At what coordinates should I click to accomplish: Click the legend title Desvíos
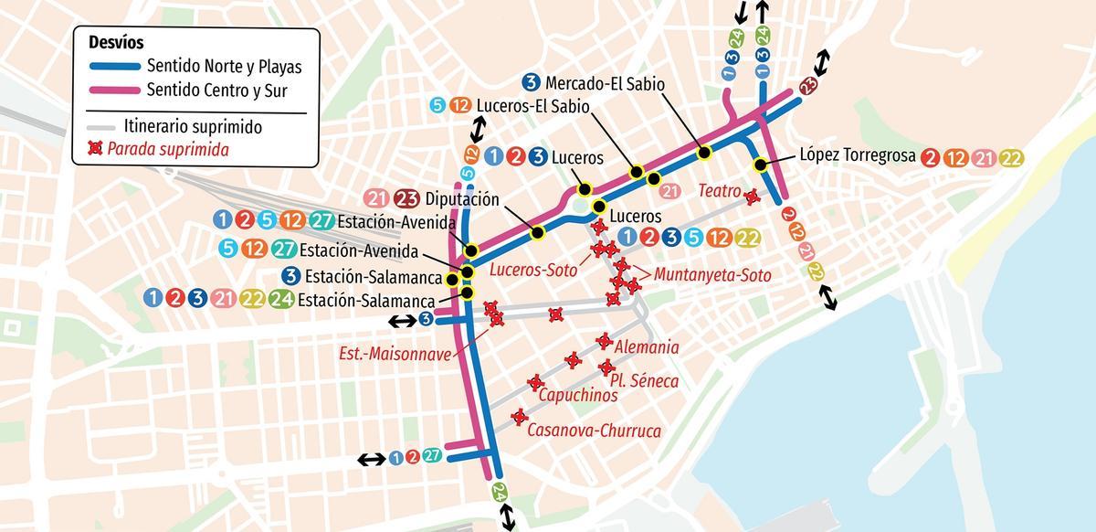pos(116,43)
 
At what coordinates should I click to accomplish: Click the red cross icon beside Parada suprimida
pos(95,148)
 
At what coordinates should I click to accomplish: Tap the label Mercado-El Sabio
pos(606,82)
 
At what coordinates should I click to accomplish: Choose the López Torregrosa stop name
pos(858,156)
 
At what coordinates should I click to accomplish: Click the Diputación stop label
pos(463,198)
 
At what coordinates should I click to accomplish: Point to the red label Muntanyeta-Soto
pos(713,274)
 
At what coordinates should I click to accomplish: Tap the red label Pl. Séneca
pos(648,380)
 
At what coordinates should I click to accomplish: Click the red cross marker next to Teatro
pos(752,197)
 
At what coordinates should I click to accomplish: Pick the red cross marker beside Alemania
pos(603,341)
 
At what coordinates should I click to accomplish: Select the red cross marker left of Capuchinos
pos(535,383)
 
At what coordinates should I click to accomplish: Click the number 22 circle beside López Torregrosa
pos(1011,157)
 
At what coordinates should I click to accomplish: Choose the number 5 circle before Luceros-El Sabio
pos(437,105)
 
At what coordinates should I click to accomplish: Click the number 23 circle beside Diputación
pos(407,198)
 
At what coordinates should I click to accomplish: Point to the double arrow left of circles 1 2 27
pos(371,460)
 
